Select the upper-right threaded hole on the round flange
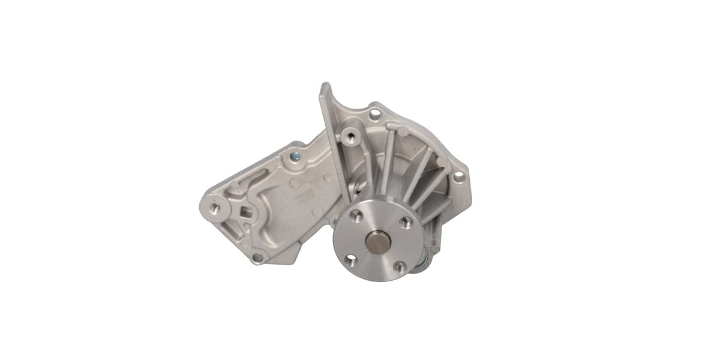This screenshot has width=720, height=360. [x=404, y=222]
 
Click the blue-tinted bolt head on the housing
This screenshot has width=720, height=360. [x=294, y=158]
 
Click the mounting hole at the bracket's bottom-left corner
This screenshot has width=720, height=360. [x=257, y=258]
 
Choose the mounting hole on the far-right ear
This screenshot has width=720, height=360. [x=459, y=176]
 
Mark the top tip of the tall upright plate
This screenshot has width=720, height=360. [x=325, y=86]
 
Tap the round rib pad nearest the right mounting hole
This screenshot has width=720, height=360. [x=440, y=161]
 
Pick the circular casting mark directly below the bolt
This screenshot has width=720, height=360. [x=295, y=180]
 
